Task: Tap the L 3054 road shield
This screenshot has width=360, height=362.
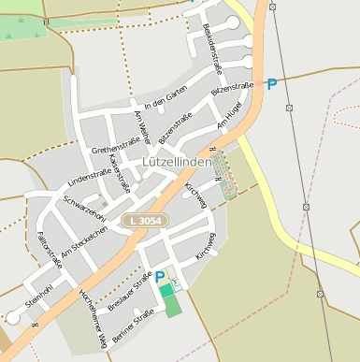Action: tap(145, 219)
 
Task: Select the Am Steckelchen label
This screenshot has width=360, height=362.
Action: tap(85, 241)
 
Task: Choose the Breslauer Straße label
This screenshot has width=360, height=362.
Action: tap(129, 290)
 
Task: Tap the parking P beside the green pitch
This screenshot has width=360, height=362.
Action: tap(160, 276)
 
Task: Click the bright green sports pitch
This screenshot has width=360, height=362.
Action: tap(166, 291)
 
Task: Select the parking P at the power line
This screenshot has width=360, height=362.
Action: tap(272, 84)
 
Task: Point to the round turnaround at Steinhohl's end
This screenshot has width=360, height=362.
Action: tap(13, 317)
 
